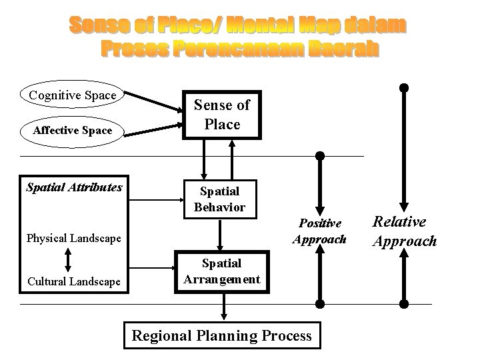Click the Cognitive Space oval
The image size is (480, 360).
point(73,95)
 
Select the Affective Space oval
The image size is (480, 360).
point(73,130)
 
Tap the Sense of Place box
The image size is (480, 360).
point(221,114)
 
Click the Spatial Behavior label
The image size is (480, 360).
point(220,199)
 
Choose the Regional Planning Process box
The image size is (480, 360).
point(221,335)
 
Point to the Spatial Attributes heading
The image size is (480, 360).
point(74,187)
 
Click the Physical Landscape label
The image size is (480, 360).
point(73,238)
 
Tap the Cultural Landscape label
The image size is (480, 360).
point(73,282)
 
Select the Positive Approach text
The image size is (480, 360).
point(319,231)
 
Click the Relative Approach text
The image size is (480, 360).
point(404,231)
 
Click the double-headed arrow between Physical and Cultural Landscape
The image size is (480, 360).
point(67,260)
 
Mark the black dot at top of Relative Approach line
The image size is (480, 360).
point(403,87)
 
